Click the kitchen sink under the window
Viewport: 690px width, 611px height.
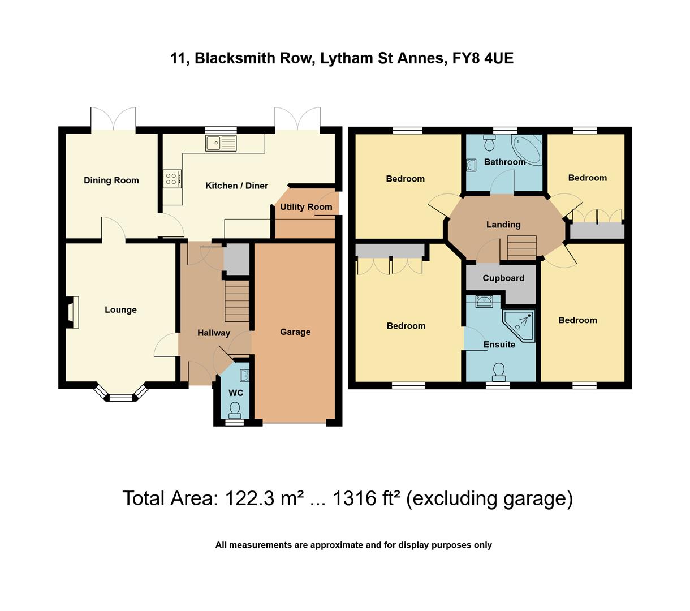tap(221, 144)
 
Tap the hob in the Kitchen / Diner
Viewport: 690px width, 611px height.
tap(172, 179)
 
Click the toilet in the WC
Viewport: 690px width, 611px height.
tap(234, 408)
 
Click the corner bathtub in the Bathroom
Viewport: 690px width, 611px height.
tap(526, 148)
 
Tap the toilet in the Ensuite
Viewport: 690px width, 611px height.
tap(498, 371)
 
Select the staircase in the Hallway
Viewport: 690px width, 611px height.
tap(237, 301)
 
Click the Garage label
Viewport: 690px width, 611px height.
tap(295, 332)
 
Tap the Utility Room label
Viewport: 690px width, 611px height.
tap(306, 207)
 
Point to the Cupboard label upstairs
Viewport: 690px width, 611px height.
tap(503, 278)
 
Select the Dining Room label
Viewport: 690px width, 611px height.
tap(111, 180)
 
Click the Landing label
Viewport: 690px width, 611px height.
tap(503, 225)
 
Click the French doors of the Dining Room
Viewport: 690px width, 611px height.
tap(114, 120)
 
